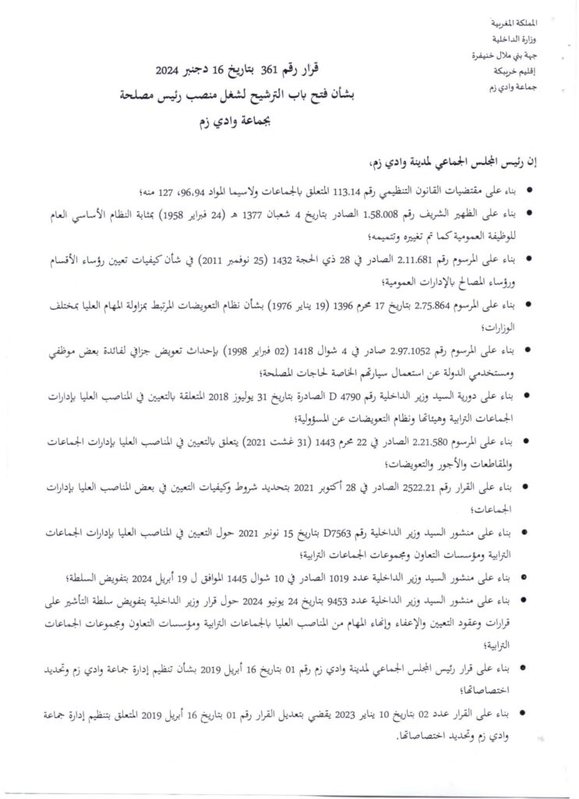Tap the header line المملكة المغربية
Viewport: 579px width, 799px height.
coord(531,26)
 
